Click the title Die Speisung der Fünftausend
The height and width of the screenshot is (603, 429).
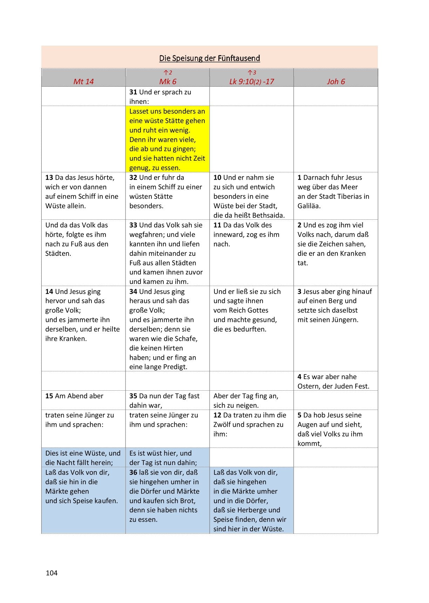pyautogui.click(x=210, y=58)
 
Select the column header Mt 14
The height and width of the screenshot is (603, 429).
pyautogui.click(x=83, y=81)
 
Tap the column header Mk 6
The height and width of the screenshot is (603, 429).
pyautogui.click(x=168, y=81)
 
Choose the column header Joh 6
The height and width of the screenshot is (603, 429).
pyautogui.click(x=336, y=81)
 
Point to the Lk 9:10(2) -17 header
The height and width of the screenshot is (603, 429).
pyautogui.click(x=251, y=81)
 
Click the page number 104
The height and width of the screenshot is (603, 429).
pyautogui.click(x=52, y=573)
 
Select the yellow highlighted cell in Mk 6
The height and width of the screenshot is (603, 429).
pyautogui.click(x=167, y=139)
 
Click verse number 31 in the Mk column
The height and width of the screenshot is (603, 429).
pyautogui.click(x=133, y=92)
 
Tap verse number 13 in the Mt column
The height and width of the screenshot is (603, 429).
pyautogui.click(x=49, y=178)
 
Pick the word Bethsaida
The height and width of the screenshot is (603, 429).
pyautogui.click(x=269, y=216)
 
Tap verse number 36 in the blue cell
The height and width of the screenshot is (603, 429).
pyautogui.click(x=133, y=472)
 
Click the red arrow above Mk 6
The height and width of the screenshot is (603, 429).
pyautogui.click(x=165, y=73)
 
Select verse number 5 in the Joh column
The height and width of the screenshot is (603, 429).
pyautogui.click(x=300, y=415)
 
